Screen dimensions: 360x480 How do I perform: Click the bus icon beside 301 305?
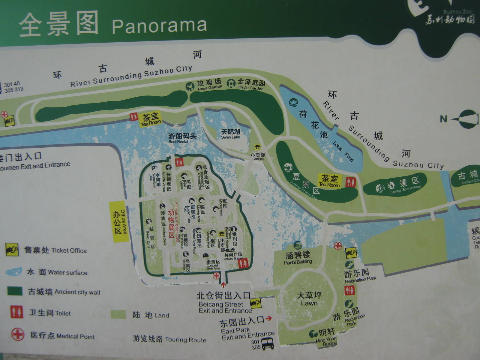tap(268, 344)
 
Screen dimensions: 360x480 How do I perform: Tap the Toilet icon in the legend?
tap(17, 312)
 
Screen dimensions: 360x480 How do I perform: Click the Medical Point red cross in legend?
tap(18, 334)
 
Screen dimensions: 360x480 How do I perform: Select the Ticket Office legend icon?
tap(12, 250)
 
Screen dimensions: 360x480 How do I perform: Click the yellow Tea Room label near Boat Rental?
tap(151, 119)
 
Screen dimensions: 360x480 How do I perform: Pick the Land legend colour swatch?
tap(118, 314)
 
